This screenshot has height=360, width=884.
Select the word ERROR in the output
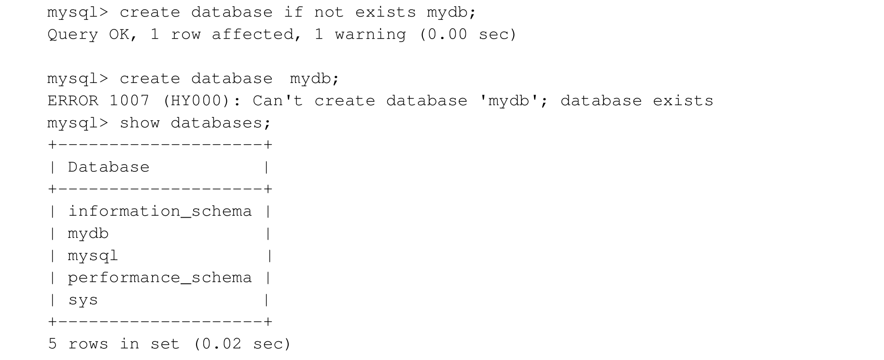point(72,101)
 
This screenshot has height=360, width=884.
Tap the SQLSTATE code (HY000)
point(196,101)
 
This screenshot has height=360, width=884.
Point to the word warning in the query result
point(370,35)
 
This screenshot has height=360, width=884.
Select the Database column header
point(109,167)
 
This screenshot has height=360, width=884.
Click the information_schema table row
point(160,211)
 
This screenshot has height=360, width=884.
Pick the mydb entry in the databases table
point(88,234)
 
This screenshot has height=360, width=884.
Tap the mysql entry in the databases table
point(93,256)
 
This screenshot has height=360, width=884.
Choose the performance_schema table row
point(160,278)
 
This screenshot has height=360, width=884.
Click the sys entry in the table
point(83,300)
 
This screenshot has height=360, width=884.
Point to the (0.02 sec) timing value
point(242,344)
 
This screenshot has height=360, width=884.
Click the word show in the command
point(140,123)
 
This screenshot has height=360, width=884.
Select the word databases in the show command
point(216,123)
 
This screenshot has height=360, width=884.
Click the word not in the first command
point(329,13)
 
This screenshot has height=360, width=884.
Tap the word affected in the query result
point(253,35)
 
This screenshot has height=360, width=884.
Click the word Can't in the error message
point(278,101)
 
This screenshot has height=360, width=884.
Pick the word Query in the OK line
point(72,35)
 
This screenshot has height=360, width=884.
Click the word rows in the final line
point(88,344)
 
